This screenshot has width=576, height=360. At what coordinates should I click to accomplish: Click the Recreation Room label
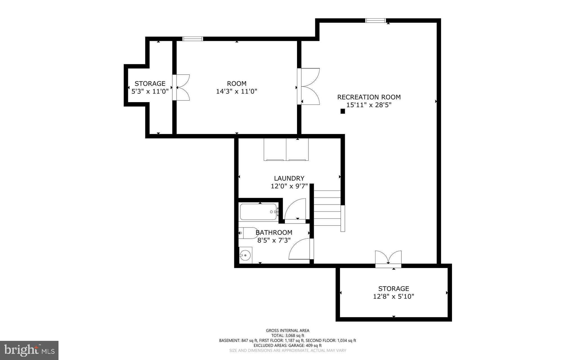tap(369, 97)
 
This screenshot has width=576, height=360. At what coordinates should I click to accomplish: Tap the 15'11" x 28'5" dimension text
tap(369, 105)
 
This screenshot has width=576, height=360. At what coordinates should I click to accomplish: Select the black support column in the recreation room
tap(343, 111)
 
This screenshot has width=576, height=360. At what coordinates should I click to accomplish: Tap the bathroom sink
tap(245, 255)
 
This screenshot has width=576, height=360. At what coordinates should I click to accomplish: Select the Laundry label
tap(289, 178)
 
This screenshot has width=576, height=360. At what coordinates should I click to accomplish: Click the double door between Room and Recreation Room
tap(309, 86)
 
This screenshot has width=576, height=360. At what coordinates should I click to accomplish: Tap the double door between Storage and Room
tap(181, 87)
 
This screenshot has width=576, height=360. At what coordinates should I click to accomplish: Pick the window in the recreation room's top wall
tap(375, 20)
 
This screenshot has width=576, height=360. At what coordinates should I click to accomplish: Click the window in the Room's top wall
tap(193, 39)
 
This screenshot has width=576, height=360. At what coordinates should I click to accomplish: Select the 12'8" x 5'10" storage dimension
tap(393, 296)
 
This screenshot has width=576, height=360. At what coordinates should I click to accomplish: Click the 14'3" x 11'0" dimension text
tap(237, 91)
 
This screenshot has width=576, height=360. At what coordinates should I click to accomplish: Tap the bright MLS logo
tap(29, 350)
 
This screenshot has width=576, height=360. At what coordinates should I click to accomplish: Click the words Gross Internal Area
tap(287, 330)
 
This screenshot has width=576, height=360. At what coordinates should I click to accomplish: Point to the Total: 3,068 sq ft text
tap(287, 336)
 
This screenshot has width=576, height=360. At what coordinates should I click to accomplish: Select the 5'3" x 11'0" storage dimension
tap(150, 91)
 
